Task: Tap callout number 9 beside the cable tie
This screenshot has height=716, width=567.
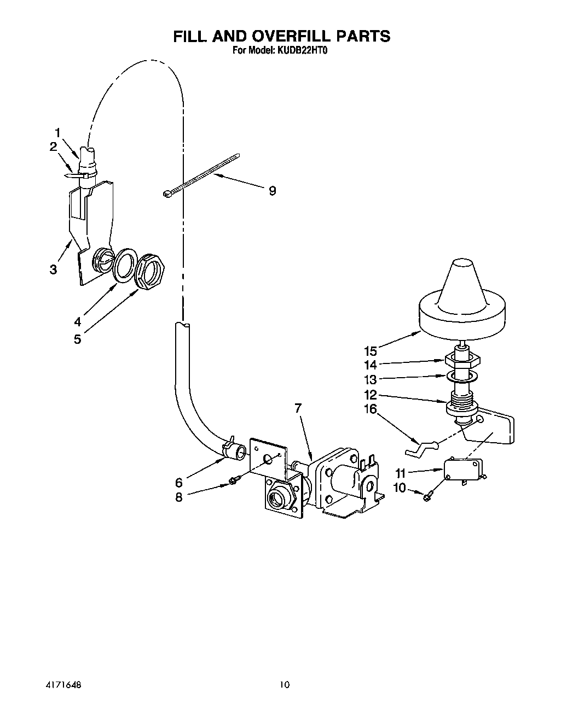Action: (x=272, y=190)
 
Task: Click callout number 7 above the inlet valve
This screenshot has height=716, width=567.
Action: (x=298, y=408)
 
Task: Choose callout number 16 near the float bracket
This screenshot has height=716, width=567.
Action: (x=371, y=409)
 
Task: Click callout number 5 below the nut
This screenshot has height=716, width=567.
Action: (x=77, y=339)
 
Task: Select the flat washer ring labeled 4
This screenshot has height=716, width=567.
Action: (x=125, y=262)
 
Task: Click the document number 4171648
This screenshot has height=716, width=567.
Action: (x=65, y=684)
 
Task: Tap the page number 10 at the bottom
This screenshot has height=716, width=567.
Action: (x=283, y=684)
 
